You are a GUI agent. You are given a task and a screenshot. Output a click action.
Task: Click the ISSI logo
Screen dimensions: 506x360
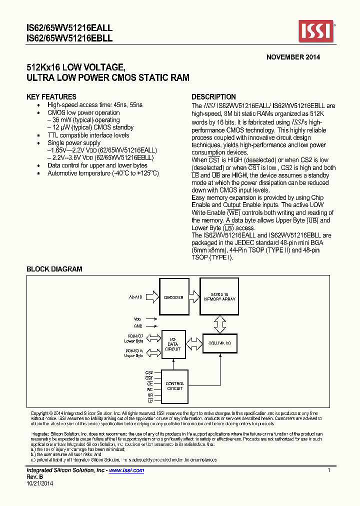pos(316,32)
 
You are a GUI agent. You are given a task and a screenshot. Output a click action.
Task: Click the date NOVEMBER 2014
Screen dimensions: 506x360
pos(293,57)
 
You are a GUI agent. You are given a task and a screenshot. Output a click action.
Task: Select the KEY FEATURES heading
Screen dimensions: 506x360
pos(51,97)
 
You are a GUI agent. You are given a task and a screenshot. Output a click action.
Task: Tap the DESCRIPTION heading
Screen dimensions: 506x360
pos(214,97)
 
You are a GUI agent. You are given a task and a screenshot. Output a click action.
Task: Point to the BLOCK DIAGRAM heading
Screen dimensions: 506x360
pos(54,269)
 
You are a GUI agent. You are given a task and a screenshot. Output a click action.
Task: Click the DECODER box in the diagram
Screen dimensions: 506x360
pos(173,297)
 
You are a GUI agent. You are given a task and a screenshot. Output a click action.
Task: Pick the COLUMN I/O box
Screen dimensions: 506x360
pos(219,343)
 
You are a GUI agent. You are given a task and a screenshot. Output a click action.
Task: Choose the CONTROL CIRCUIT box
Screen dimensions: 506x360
pos(174,386)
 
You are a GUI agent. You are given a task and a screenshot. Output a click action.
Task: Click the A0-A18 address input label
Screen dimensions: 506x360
pos(135,297)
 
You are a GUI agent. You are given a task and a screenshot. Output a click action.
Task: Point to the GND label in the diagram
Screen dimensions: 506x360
pos(137,325)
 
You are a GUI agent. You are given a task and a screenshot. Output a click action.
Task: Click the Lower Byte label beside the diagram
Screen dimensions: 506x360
pos(133,341)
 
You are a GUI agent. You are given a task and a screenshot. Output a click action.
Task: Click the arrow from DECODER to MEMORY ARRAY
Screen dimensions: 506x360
pos(193,297)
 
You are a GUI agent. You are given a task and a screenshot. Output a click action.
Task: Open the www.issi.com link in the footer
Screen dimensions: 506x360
pos(126,470)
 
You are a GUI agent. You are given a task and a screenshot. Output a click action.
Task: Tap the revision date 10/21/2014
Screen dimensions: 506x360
pos(39,483)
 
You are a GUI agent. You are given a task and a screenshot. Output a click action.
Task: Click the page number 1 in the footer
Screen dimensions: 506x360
pos(328,470)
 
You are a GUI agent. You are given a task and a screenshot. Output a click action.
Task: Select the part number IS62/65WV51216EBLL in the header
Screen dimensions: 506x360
pos(69,38)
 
